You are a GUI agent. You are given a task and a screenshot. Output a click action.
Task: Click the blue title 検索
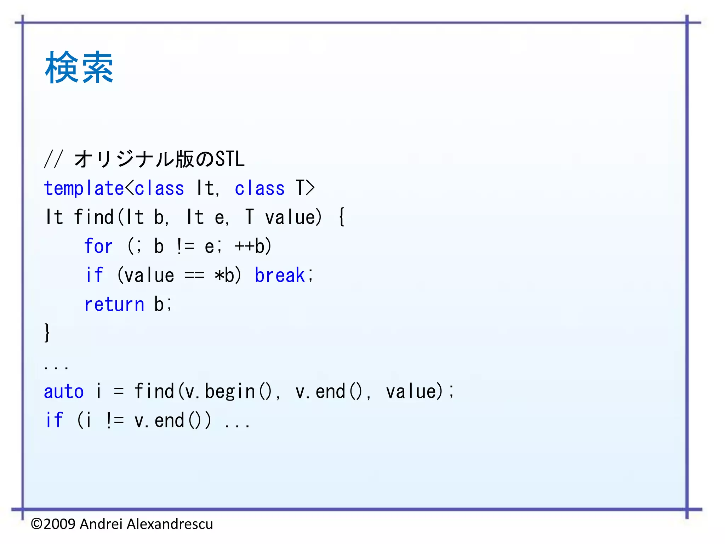pos(79,67)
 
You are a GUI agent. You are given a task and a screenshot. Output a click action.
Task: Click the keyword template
pos(84,188)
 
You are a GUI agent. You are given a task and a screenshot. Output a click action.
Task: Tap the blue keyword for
pos(98,246)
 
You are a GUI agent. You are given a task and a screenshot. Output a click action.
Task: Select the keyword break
pos(280,275)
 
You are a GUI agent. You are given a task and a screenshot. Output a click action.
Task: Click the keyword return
pos(114,305)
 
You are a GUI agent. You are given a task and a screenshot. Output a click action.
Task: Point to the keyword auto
pos(64,392)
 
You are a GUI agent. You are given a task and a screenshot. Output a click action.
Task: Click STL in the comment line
pos(230,159)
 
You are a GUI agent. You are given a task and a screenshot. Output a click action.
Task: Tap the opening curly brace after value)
pos(342,217)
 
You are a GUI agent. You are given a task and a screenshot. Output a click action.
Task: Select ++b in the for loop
pos(253,246)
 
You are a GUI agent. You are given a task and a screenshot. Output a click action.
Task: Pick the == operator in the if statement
pos(194,276)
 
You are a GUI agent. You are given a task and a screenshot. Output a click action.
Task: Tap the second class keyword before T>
pos(259,188)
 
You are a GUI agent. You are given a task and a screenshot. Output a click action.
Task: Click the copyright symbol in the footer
pos(36,524)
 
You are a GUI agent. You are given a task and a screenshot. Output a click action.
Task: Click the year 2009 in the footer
pos(59,524)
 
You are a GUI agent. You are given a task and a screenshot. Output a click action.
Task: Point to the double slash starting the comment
pos(53,159)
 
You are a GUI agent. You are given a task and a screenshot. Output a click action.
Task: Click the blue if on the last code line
pos(54,421)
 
